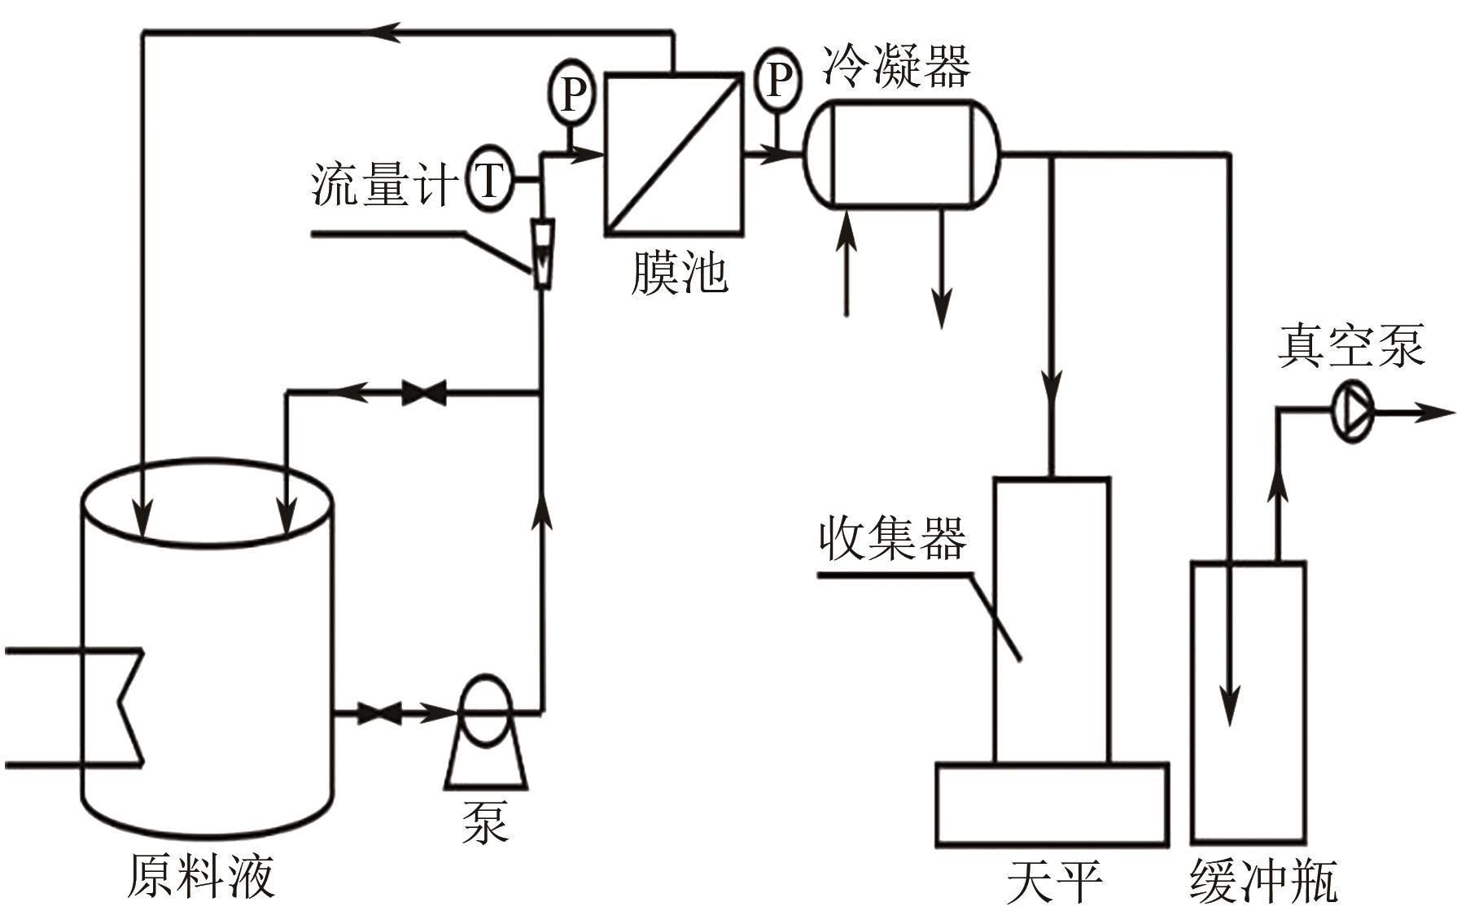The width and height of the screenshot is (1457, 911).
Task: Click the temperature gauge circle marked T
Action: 489,180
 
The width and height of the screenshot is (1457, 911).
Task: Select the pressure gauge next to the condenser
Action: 777,79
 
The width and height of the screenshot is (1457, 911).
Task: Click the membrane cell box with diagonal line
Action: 673,155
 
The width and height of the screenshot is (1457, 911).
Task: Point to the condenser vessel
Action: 901,155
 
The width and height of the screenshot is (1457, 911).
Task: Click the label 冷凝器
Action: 895,65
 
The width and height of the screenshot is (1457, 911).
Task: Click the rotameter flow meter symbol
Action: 541,252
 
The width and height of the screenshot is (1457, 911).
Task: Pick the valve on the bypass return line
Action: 424,393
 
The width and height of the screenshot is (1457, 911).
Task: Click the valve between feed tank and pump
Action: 379,714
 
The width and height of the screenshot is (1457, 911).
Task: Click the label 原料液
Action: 201,876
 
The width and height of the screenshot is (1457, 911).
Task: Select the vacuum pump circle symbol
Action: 1352,413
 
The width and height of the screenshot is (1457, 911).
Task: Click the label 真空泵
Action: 1350,346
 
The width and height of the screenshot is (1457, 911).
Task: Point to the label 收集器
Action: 892,538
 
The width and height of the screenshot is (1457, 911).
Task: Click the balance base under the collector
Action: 1052,804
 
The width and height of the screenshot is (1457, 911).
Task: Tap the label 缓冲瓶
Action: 1263,881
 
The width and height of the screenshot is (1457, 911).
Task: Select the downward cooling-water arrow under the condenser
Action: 942,269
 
